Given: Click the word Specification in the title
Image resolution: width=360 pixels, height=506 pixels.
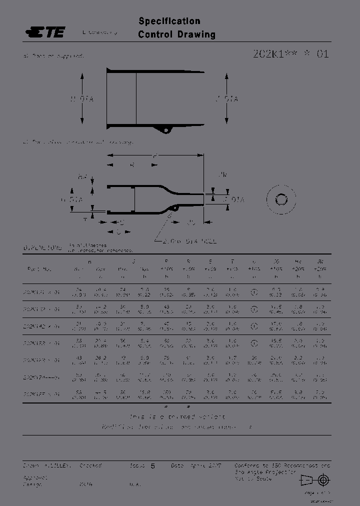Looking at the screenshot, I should pyautogui.click(x=169, y=21).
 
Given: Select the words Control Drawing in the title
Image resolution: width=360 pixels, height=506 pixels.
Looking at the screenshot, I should pyautogui.click(x=176, y=34).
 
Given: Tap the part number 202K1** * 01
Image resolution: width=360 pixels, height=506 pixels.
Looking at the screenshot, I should pyautogui.click(x=290, y=54).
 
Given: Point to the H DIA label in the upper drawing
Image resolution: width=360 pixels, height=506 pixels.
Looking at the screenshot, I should pyautogui.click(x=82, y=99).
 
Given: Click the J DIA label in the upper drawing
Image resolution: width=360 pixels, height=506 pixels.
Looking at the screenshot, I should pyautogui.click(x=226, y=99).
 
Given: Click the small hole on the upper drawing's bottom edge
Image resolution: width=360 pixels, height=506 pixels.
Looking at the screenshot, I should pyautogui.click(x=165, y=130).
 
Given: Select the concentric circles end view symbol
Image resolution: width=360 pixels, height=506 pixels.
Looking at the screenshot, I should pyautogui.click(x=280, y=199).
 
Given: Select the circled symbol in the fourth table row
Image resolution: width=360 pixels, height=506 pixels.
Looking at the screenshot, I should pyautogui.click(x=253, y=343).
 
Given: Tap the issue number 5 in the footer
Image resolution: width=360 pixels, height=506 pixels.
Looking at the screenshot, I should pyautogui.click(x=152, y=465).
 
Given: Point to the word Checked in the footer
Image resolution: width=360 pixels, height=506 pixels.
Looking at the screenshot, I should pyautogui.click(x=90, y=465).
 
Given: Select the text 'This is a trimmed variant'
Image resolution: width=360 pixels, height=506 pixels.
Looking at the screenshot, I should pyautogui.click(x=177, y=416).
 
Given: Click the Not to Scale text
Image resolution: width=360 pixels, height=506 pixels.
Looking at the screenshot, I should pyautogui.click(x=253, y=478).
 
